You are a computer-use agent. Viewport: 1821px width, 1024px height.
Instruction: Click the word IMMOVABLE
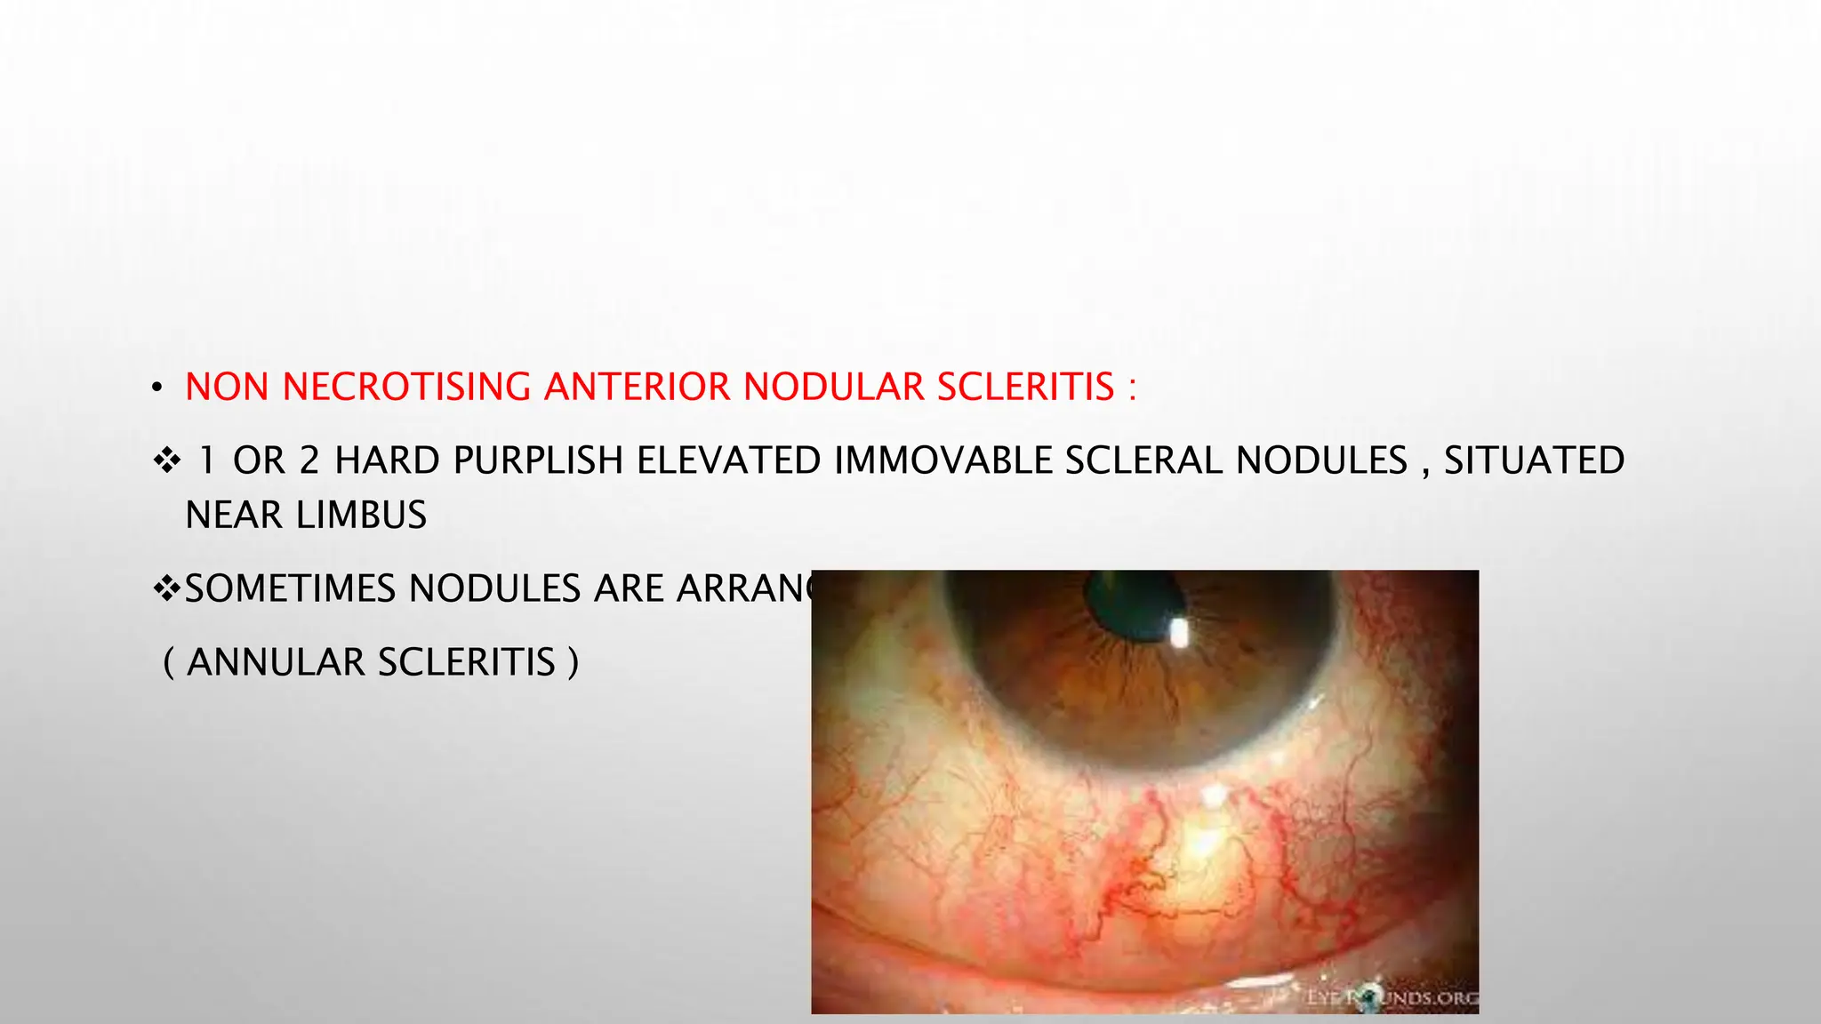tap(943, 461)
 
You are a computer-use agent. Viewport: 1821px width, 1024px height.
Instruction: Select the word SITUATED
tap(1534, 461)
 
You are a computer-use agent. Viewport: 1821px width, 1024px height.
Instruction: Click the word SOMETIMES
tap(290, 589)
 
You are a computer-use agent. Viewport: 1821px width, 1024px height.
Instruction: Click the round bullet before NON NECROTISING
tap(156, 388)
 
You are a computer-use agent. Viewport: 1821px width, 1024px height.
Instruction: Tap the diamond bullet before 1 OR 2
tap(167, 461)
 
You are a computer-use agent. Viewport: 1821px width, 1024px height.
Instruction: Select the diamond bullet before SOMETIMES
tap(167, 588)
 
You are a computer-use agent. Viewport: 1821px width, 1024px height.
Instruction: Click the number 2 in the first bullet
tap(309, 461)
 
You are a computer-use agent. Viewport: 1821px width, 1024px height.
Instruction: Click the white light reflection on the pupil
tap(1180, 632)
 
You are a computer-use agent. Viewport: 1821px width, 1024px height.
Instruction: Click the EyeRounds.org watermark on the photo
tap(1393, 998)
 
